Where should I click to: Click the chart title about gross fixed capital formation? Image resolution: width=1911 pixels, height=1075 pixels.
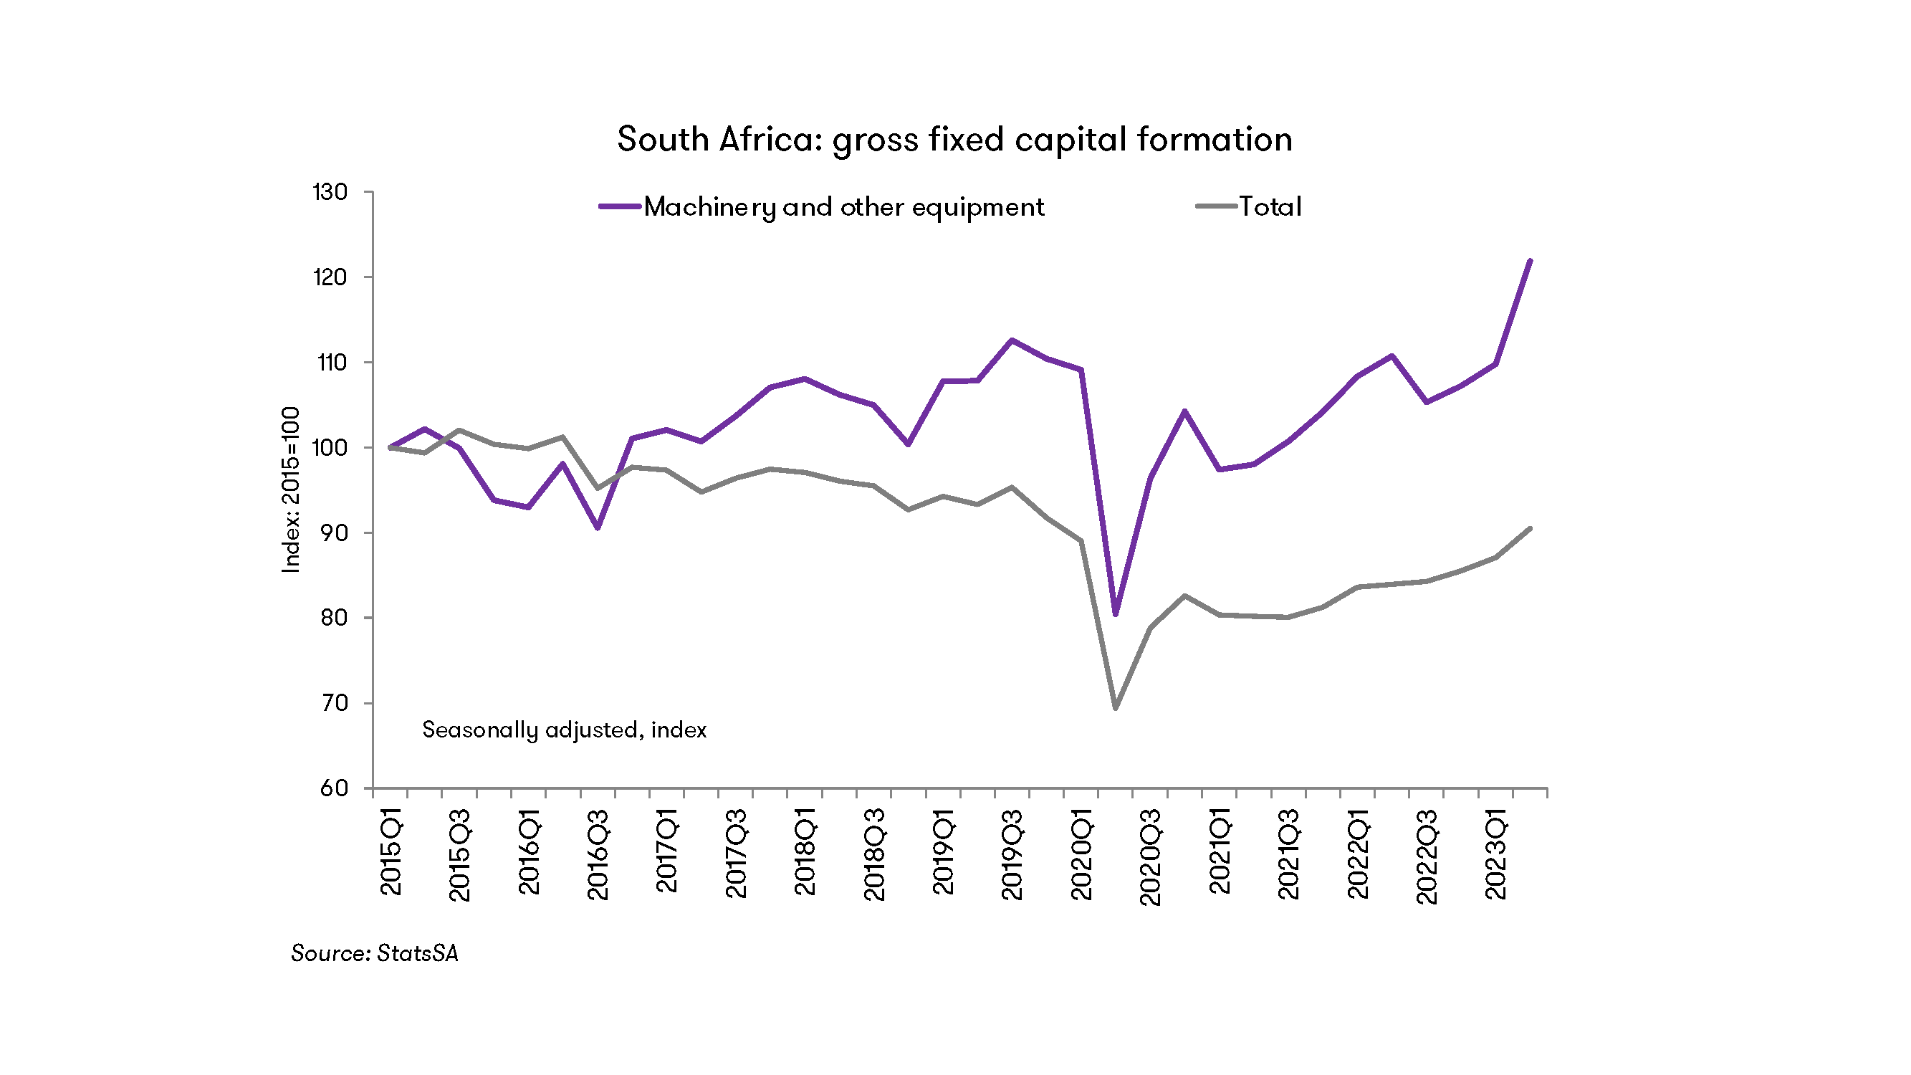954,140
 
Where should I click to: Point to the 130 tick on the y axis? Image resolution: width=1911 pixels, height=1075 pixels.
330,193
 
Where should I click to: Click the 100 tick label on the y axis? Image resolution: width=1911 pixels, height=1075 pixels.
330,448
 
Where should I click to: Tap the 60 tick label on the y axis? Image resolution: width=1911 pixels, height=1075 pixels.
333,788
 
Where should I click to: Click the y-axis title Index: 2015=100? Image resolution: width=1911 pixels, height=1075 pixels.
292,489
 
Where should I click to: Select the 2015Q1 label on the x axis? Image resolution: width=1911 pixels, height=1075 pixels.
391,852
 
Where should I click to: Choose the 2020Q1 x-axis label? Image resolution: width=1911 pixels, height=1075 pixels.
1082,855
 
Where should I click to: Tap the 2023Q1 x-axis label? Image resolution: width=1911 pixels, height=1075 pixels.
1495,855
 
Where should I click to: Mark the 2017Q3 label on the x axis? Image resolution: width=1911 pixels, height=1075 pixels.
736,855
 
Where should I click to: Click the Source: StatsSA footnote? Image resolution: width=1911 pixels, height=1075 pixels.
375,953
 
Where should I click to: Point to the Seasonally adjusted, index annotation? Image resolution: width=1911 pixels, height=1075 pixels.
564,730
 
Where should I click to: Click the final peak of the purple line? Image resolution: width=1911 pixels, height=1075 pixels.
1530,261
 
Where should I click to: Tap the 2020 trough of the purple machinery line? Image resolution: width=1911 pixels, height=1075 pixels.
1115,614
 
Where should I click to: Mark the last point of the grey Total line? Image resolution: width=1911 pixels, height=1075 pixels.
1530,528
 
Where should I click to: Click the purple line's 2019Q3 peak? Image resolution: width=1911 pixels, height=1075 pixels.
1012,340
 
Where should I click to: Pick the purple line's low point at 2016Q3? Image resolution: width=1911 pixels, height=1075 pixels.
597,528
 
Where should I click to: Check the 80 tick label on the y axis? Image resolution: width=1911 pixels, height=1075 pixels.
333,618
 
